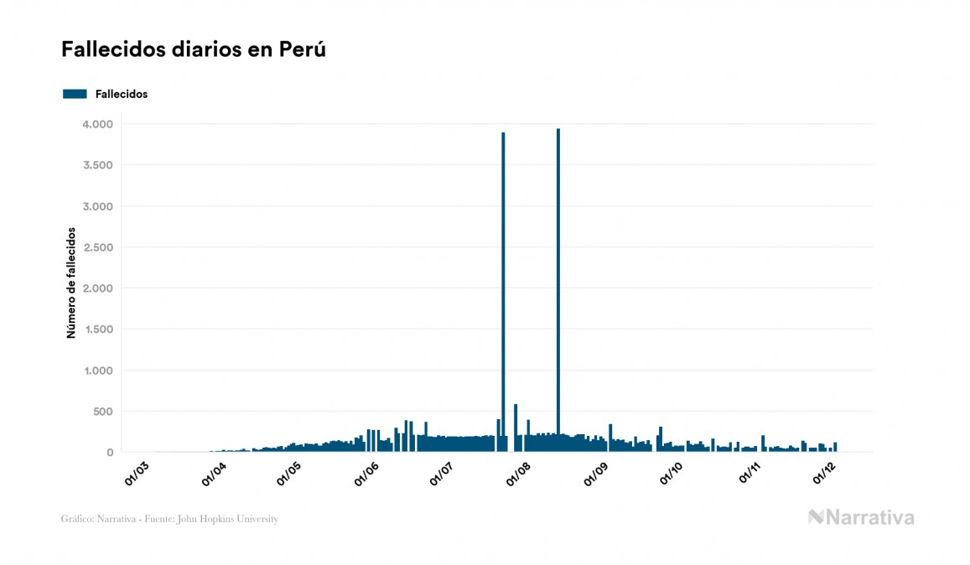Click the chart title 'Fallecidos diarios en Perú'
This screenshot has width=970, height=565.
coord(193,49)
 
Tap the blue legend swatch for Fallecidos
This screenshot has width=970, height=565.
coord(75,94)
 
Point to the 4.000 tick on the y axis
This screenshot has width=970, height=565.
coord(97,124)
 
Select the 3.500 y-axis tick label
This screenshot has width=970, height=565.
coord(97,165)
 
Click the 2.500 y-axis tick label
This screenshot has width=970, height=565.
coord(97,247)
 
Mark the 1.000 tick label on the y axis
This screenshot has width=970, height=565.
coord(97,371)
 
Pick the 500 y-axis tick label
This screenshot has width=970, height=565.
coord(102,412)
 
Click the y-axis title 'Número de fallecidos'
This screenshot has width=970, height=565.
coord(71,282)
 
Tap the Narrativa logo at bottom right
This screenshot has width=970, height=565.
coord(861,517)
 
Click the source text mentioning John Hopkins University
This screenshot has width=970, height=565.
coord(169,519)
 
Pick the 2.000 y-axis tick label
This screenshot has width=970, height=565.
coord(97,288)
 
